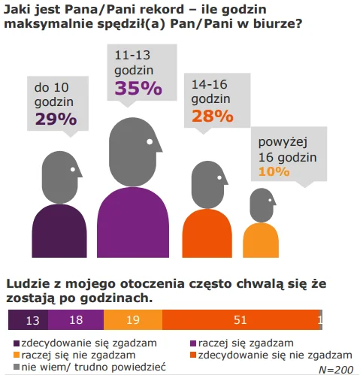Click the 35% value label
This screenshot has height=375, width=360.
click(x=138, y=88)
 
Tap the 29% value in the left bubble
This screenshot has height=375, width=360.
click(x=56, y=119)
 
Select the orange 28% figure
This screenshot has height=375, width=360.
click(x=213, y=116)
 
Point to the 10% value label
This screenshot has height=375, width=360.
click(x=274, y=171)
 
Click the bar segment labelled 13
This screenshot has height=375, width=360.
click(x=28, y=320)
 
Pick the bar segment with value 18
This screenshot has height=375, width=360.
click(x=76, y=320)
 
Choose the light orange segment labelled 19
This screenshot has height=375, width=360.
click(x=133, y=320)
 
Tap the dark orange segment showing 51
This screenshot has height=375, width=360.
click(x=241, y=320)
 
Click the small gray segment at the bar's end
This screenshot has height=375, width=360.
click(x=321, y=320)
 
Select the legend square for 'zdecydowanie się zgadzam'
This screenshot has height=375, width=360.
click(x=17, y=343)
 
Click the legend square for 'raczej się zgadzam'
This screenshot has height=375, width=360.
click(x=193, y=343)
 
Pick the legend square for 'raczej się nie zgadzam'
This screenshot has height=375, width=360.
click(x=17, y=355)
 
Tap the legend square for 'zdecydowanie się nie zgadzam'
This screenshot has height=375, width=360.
click(x=193, y=355)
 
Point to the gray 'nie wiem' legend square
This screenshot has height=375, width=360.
click(x=17, y=367)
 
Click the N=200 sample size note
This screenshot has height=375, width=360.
click(x=336, y=370)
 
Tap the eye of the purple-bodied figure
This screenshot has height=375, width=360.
click(x=150, y=142)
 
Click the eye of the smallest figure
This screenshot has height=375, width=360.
click(x=270, y=200)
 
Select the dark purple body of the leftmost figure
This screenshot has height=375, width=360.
click(x=59, y=231)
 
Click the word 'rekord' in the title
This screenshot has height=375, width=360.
click(x=162, y=10)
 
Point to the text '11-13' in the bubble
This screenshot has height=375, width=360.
click(x=132, y=55)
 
